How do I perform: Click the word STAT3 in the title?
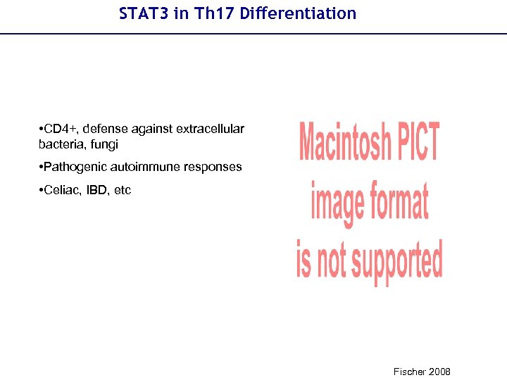[x=143, y=13]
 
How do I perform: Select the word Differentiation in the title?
[x=298, y=13]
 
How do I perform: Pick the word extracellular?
[x=211, y=129]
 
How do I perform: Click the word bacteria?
[x=59, y=144]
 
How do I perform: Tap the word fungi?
[x=104, y=144]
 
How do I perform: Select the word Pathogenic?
[x=73, y=167]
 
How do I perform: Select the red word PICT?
[x=418, y=141]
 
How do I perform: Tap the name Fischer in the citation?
[x=408, y=372]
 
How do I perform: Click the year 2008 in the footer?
[x=439, y=372]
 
